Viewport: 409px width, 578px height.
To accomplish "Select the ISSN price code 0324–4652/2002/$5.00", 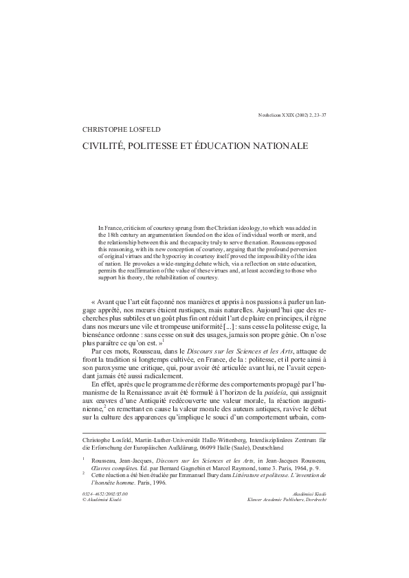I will pyautogui.click(x=104, y=494).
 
